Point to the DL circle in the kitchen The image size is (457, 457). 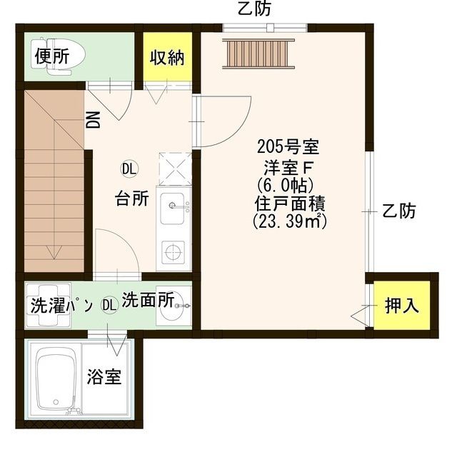[129, 169]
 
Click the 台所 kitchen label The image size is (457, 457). [132, 199]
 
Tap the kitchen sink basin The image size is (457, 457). [173, 207]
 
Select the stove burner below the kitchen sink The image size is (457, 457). [172, 251]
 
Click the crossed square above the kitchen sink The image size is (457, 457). [173, 169]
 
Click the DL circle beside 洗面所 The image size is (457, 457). [109, 305]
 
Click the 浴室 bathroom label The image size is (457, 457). [104, 376]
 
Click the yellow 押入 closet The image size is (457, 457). [401, 306]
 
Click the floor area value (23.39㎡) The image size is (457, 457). [289, 221]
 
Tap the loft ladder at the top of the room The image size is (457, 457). [257, 51]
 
